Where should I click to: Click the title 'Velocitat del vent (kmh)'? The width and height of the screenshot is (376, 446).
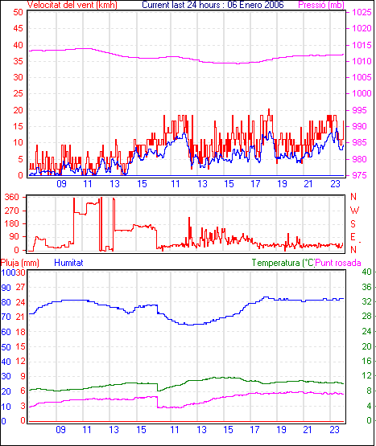[72, 5]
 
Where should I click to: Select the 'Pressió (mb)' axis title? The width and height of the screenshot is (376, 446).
[321, 5]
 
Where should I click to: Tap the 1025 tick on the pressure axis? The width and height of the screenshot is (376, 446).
[362, 12]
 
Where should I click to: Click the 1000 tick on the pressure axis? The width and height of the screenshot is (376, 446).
[362, 93]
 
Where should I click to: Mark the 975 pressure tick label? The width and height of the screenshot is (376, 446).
[358, 175]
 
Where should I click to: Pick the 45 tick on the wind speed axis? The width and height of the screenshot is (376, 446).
[18, 28]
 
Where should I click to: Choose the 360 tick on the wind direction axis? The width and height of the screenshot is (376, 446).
[12, 197]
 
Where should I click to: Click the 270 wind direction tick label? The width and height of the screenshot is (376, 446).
[12, 211]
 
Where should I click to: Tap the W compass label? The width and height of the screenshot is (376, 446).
[354, 211]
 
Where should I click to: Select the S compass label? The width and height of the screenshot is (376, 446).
[353, 224]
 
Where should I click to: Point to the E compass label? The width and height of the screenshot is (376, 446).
[353, 237]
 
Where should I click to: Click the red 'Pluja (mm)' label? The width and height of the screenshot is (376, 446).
[19, 263]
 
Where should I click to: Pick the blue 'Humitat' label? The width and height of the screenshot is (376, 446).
[68, 263]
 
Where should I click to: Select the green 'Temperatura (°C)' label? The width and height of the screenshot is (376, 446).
[283, 263]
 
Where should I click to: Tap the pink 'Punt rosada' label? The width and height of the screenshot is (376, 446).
[338, 263]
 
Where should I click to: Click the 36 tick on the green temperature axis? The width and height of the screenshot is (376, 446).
[366, 287]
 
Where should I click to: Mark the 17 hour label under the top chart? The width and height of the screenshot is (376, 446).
[255, 184]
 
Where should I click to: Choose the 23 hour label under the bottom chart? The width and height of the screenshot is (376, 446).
[335, 429]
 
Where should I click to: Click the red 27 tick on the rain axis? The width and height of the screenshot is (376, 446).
[20, 287]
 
